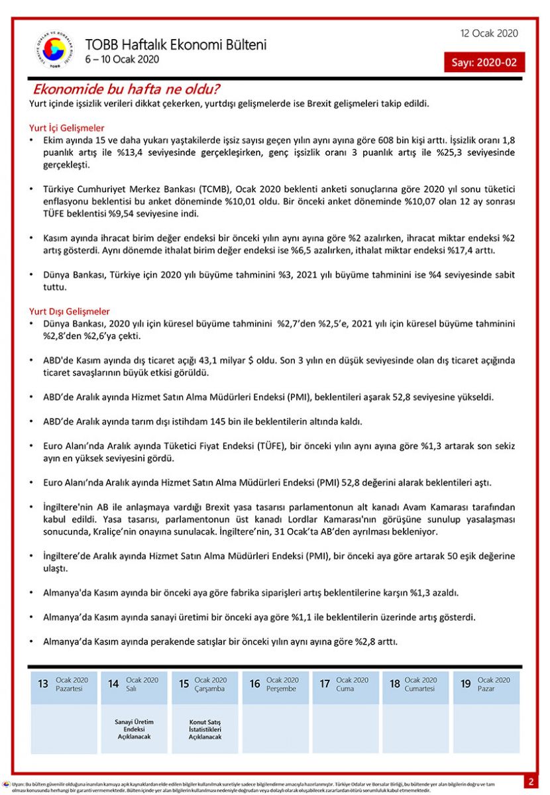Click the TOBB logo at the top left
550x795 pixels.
[54, 50]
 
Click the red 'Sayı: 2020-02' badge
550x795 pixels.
[484, 62]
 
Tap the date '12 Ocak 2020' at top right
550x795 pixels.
[489, 34]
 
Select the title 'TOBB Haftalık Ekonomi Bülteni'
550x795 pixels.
[176, 44]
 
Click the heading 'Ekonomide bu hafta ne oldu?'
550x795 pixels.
[127, 89]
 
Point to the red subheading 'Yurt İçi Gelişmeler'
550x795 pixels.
[66, 128]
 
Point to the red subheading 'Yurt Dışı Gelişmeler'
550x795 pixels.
[70, 311]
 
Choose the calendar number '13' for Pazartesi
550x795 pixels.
[43, 684]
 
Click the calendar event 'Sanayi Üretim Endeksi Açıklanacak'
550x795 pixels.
[134, 729]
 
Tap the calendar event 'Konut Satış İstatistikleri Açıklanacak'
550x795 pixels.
[204, 729]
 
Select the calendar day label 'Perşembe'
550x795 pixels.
[282, 689]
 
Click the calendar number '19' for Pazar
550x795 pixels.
[465, 684]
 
